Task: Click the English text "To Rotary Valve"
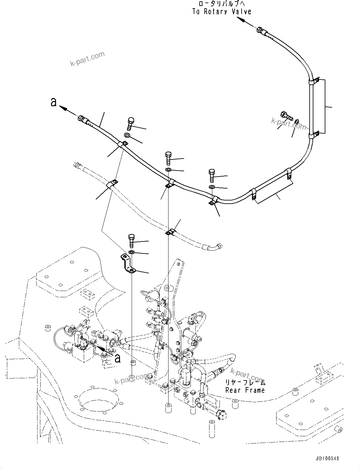click(222, 12)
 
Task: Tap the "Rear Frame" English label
click(245, 390)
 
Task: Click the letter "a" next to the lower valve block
click(117, 358)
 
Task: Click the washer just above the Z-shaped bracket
click(131, 252)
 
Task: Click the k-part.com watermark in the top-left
click(87, 59)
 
